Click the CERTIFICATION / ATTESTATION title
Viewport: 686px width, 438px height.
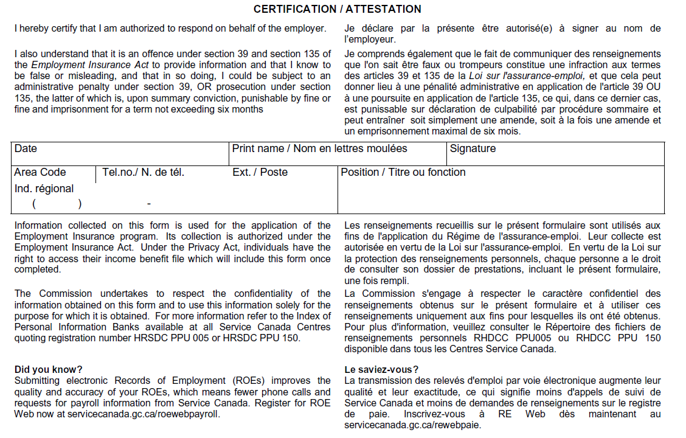click(337, 9)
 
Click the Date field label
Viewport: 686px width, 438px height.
click(26, 148)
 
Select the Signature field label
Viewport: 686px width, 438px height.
click(473, 148)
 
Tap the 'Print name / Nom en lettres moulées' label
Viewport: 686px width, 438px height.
click(319, 148)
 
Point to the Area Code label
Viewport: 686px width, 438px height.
click(40, 172)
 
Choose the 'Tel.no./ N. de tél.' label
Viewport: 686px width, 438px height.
click(143, 172)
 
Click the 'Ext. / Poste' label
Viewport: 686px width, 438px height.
click(260, 172)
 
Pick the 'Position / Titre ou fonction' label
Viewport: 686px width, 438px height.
click(403, 172)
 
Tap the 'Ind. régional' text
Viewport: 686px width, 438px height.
click(44, 189)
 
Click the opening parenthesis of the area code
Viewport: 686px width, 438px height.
click(34, 204)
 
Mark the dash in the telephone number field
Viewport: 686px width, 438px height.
click(148, 204)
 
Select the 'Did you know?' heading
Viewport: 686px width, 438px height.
click(48, 369)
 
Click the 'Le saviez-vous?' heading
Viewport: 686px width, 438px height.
click(381, 369)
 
